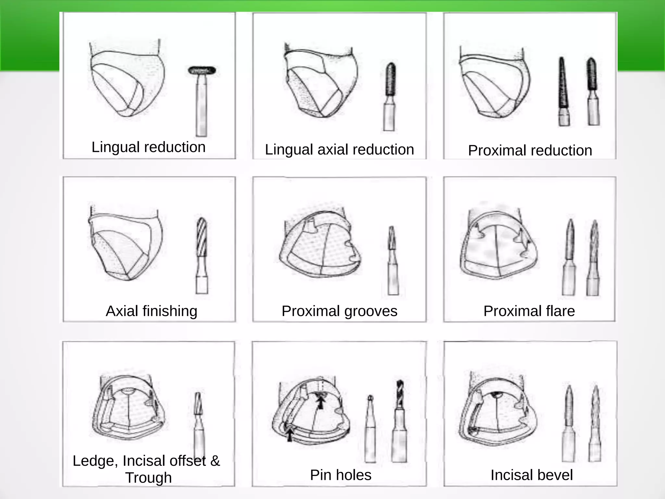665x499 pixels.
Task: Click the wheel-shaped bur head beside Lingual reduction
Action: click(202, 70)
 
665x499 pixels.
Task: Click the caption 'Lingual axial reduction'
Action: click(339, 150)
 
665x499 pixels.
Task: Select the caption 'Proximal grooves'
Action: click(339, 311)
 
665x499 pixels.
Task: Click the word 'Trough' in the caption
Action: click(148, 478)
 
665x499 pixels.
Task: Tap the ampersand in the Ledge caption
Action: click(215, 461)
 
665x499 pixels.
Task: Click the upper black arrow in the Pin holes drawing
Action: click(321, 403)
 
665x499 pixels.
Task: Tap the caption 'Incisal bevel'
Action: click(532, 475)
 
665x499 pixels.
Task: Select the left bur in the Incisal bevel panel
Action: click(569, 422)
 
